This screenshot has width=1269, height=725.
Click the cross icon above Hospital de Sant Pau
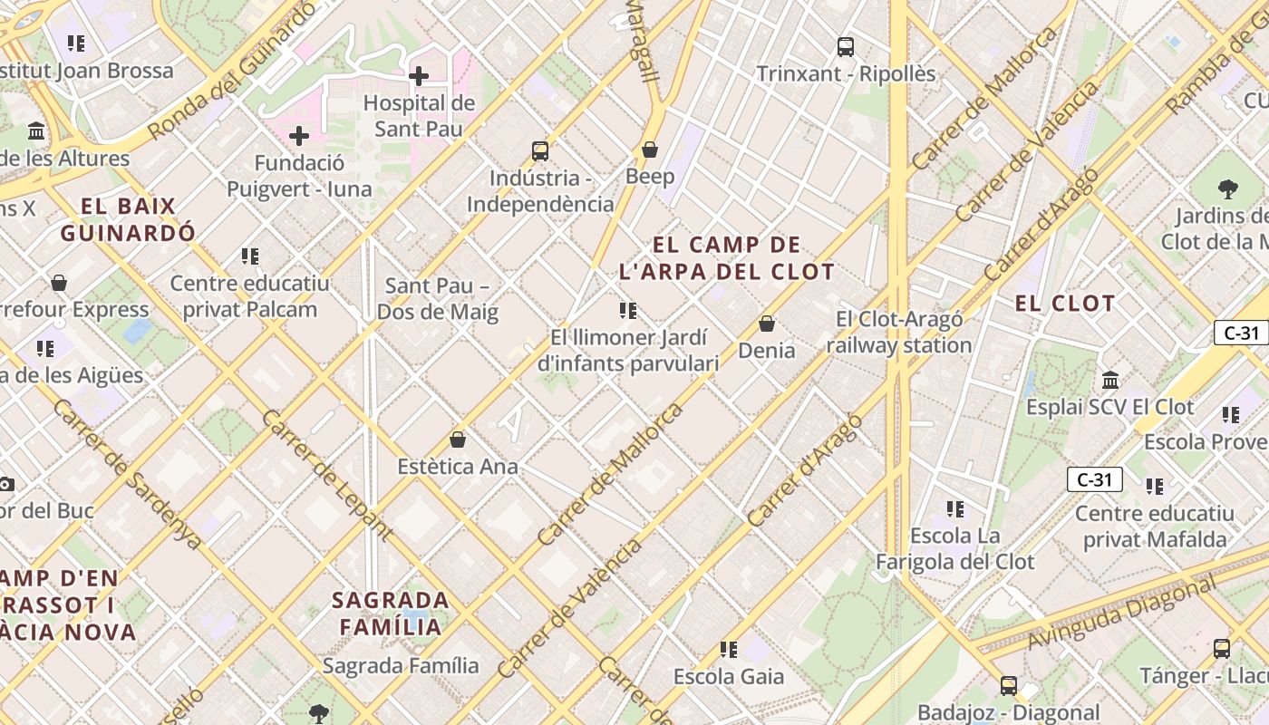click(x=418, y=76)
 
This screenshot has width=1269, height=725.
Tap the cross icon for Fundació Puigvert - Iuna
click(x=299, y=137)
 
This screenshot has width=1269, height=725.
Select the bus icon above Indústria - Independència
click(x=540, y=151)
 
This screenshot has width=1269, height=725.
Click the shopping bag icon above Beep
click(x=649, y=150)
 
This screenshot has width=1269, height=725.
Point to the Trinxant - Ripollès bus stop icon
click(x=846, y=47)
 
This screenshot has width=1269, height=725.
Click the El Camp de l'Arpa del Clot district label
click(x=726, y=258)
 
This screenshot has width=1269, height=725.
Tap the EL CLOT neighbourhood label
click(x=1064, y=304)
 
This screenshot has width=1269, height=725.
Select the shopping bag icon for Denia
click(x=767, y=324)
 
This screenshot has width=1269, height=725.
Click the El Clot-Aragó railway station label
click(x=898, y=332)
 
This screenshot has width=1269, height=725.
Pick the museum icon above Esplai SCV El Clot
click(x=1110, y=381)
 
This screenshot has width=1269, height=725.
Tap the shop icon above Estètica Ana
click(x=458, y=440)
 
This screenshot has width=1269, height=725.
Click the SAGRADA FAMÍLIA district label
click(x=391, y=614)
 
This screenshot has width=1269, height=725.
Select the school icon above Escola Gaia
click(x=729, y=650)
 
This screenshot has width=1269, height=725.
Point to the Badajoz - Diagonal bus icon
click(x=1008, y=686)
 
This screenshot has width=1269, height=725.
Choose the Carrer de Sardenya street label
click(x=126, y=474)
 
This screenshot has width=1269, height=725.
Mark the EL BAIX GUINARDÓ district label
click(x=128, y=219)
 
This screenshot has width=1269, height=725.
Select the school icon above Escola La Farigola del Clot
click(x=954, y=509)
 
